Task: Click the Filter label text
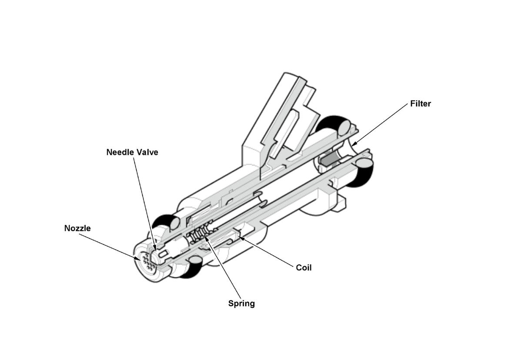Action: click(420, 104)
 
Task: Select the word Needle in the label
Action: click(119, 152)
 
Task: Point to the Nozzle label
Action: click(77, 228)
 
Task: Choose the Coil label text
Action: click(304, 268)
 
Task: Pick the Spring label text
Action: click(241, 303)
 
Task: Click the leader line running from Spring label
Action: click(224, 270)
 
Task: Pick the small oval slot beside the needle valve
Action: click(164, 253)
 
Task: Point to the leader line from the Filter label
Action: click(381, 124)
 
